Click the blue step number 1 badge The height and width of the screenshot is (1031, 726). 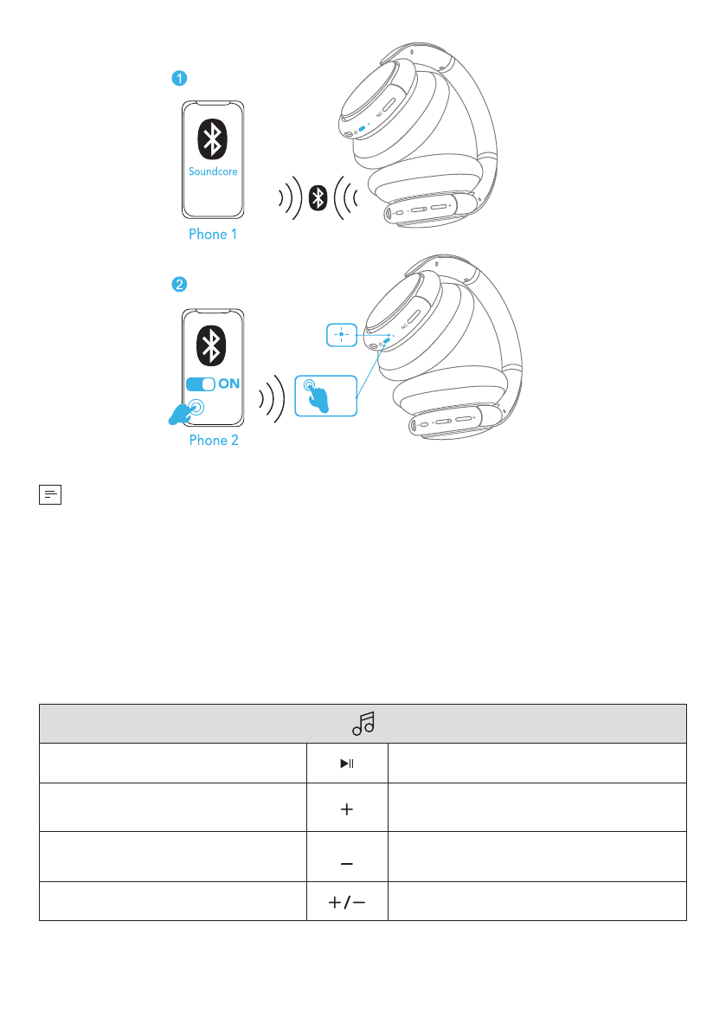click(177, 79)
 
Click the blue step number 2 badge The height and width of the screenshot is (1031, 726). click(177, 284)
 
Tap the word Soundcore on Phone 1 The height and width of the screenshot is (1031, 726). click(213, 171)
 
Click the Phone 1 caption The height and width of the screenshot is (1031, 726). click(213, 234)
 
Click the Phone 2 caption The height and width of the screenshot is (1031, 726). click(214, 440)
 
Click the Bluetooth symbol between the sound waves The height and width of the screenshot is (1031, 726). click(318, 198)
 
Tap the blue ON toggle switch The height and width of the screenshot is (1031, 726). click(201, 383)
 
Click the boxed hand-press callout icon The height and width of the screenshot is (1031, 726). click(324, 396)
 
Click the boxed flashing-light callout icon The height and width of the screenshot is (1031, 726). click(342, 334)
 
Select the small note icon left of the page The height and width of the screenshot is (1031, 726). click(51, 494)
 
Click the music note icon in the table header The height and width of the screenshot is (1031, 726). click(363, 723)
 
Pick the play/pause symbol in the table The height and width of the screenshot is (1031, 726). click(347, 764)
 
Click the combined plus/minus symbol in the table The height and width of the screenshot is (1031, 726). click(347, 901)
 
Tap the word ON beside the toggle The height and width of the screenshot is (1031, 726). click(229, 383)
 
